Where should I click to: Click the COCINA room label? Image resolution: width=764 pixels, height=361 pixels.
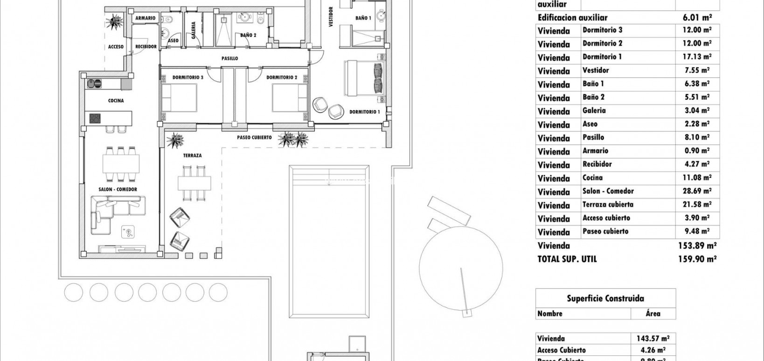(x=116, y=100)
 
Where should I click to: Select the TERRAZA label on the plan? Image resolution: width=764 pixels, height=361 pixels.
(x=193, y=156)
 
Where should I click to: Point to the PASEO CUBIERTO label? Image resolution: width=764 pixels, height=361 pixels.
(x=254, y=137)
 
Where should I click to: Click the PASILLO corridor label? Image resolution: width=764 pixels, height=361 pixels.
(x=229, y=58)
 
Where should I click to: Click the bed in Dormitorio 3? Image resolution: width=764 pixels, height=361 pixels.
(x=180, y=98)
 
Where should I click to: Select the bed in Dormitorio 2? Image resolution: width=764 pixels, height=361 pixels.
(x=290, y=98)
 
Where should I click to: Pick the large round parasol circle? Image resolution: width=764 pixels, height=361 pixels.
(x=461, y=269)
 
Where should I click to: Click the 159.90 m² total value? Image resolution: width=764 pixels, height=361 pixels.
(x=697, y=259)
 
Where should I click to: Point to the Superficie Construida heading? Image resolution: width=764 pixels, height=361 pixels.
(x=605, y=298)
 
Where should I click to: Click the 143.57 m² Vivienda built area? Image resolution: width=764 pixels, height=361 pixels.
(x=653, y=339)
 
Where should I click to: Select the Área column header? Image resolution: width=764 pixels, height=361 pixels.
(x=653, y=314)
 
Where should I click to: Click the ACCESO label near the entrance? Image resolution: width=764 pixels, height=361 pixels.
(x=116, y=47)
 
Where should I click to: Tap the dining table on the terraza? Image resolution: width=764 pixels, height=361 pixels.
(x=194, y=183)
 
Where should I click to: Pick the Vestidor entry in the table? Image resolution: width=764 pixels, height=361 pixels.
(x=595, y=71)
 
